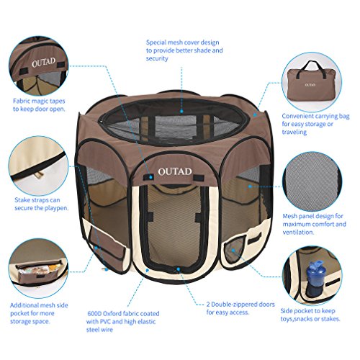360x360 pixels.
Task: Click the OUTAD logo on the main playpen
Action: (x=175, y=171)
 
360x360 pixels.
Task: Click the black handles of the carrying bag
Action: (x=311, y=68)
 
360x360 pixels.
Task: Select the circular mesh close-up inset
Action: (x=312, y=181)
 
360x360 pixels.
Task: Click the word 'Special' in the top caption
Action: (x=156, y=42)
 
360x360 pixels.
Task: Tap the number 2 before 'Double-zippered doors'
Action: (x=208, y=305)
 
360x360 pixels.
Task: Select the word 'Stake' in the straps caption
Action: (x=23, y=200)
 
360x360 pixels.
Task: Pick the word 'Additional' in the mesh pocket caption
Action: (x=24, y=305)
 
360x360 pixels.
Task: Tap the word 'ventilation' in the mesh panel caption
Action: (x=298, y=232)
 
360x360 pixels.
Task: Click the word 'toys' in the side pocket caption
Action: (x=287, y=319)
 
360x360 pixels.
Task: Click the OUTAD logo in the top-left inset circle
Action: (x=43, y=63)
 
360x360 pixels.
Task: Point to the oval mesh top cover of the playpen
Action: (x=172, y=121)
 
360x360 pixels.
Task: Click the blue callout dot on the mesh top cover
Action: (x=181, y=112)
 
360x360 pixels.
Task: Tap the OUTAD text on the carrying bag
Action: (x=310, y=85)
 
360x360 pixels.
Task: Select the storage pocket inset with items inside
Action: (x=38, y=269)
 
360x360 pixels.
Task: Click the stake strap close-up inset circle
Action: (x=38, y=166)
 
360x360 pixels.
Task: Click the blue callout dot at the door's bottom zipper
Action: (x=179, y=269)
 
